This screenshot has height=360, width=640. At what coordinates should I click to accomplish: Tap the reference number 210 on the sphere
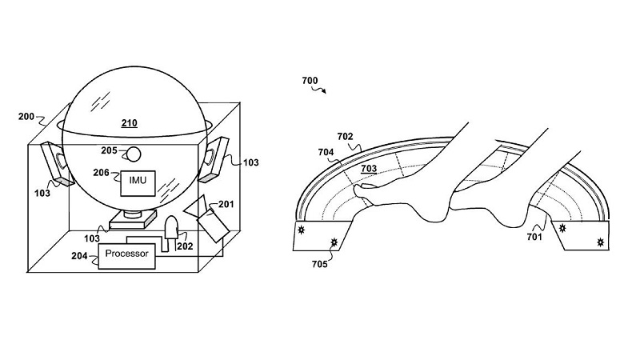129,124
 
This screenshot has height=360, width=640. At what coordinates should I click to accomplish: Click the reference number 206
101,173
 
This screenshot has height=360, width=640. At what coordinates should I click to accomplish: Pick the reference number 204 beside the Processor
79,256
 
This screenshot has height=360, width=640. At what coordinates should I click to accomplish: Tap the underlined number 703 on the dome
369,168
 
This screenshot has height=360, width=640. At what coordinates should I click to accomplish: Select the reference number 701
534,236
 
